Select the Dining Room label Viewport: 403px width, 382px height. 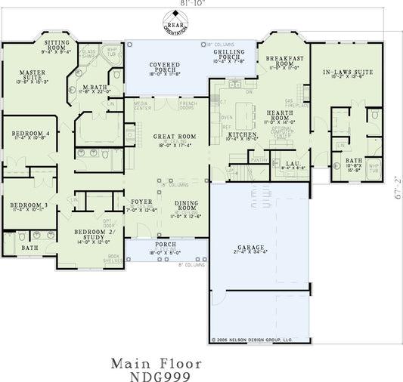[x=187, y=205]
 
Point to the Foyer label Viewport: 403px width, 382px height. [x=142, y=202]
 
